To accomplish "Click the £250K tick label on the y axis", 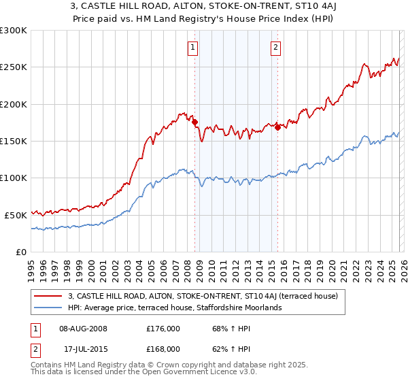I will [x=14, y=67].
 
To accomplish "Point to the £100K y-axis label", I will [x=14, y=178].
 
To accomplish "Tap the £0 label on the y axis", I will [x=22, y=252].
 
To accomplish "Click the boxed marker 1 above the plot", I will [x=193, y=48].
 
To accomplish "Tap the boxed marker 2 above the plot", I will [x=276, y=48].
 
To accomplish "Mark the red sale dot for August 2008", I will [x=194, y=122].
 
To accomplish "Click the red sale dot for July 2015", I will [x=278, y=127].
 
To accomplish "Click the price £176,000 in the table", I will [x=163, y=328].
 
